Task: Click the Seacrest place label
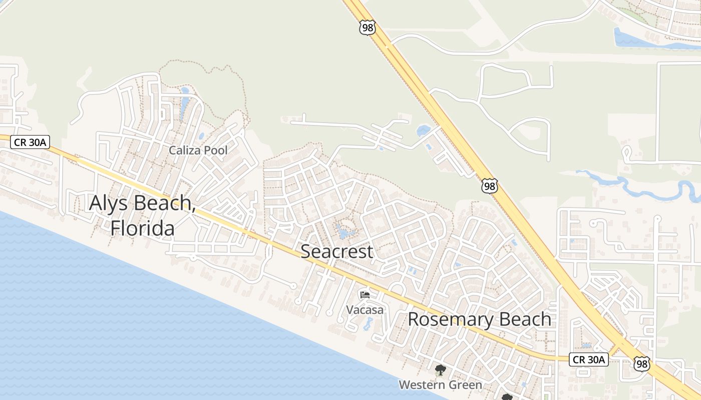pos(336,251)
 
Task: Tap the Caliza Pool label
pos(198,150)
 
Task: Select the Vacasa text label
pos(365,310)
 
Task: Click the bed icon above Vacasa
pos(365,295)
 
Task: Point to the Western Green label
pos(440,384)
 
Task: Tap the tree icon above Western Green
pos(440,370)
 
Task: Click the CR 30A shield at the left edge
pos(30,142)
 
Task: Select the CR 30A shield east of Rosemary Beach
pos(588,359)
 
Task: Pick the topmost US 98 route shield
pos(367,27)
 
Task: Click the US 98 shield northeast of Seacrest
pos(490,186)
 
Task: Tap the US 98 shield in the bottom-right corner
pos(641,363)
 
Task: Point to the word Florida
pos(143,228)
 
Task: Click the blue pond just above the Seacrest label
pos(344,232)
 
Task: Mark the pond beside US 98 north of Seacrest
pos(423,131)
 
